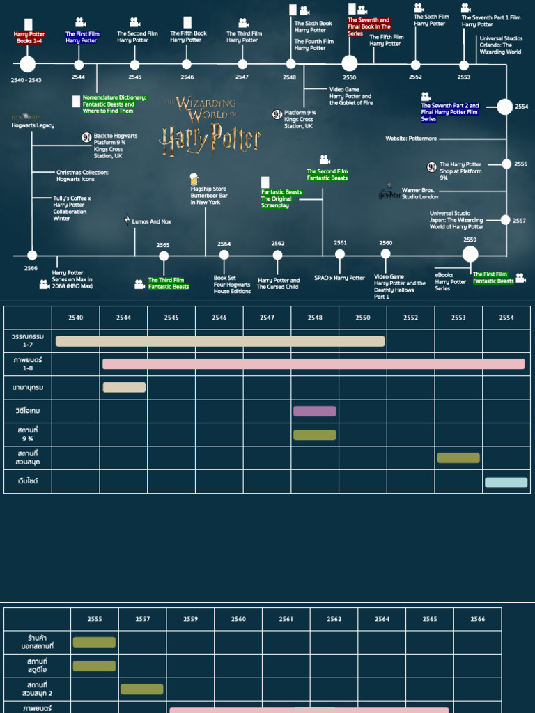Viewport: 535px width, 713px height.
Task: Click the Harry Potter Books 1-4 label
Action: [x=29, y=38]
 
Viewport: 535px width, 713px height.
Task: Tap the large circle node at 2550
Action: [x=350, y=63]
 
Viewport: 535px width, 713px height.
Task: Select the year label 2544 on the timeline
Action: [x=78, y=77]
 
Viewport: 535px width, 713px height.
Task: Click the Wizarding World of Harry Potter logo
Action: [x=210, y=126]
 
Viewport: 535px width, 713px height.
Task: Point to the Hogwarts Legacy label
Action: [x=33, y=125]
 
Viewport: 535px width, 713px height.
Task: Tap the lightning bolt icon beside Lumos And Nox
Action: [x=127, y=220]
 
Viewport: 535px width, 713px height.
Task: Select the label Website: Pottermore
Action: [x=411, y=139]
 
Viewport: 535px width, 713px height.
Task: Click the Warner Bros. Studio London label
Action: [x=420, y=194]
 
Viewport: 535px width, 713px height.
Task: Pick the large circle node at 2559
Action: [x=470, y=254]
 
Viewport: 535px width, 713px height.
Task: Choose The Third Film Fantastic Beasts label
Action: [x=169, y=283]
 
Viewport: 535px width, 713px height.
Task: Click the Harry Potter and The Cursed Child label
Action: [x=278, y=283]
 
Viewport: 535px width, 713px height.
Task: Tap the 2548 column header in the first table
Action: [x=315, y=318]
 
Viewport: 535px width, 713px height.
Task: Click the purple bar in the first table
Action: [x=314, y=411]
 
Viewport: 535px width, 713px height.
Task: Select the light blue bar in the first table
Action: [x=506, y=482]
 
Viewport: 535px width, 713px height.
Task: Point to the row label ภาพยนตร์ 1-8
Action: [x=28, y=363]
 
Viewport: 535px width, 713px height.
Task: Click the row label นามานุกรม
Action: [x=28, y=387]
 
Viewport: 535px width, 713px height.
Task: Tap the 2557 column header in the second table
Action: [x=142, y=618]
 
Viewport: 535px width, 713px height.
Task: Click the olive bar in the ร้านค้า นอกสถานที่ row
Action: [x=94, y=642]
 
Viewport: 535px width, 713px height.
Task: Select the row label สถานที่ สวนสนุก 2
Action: [x=36, y=689]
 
